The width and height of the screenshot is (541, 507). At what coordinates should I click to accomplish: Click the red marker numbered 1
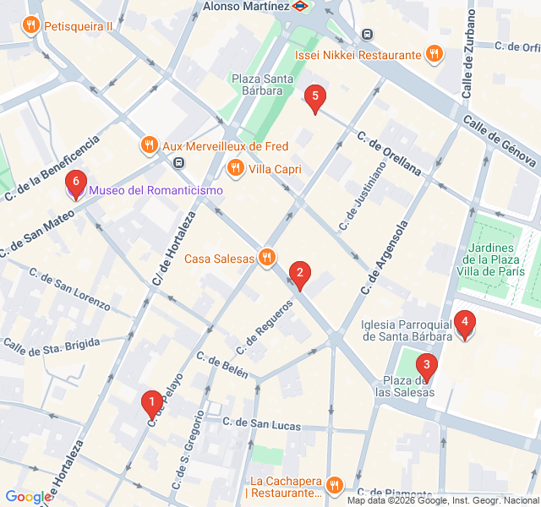pyautogui.click(x=151, y=403)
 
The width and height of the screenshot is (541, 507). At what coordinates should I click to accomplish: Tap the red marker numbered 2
pyautogui.click(x=298, y=273)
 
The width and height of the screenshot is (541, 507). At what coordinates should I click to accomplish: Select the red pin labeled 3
pyautogui.click(x=427, y=368)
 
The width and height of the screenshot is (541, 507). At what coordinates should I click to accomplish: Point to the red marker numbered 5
pyautogui.click(x=315, y=98)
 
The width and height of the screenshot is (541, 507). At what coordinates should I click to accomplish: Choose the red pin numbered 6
pyautogui.click(x=76, y=182)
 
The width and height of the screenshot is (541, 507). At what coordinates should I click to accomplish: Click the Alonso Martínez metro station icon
pyautogui.click(x=301, y=6)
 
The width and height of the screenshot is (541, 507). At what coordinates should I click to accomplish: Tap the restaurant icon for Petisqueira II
pyautogui.click(x=31, y=25)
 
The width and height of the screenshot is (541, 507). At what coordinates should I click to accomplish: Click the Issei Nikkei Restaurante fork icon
pyautogui.click(x=434, y=55)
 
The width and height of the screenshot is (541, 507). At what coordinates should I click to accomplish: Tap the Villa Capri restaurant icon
pyautogui.click(x=236, y=169)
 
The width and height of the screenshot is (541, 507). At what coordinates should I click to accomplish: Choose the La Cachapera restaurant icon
pyautogui.click(x=335, y=485)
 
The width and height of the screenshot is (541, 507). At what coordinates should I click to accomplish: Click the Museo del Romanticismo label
pyautogui.click(x=156, y=190)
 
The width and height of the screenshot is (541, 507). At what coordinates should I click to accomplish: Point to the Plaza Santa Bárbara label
pyautogui.click(x=263, y=85)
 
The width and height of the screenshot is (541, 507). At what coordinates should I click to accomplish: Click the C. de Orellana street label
pyautogui.click(x=389, y=153)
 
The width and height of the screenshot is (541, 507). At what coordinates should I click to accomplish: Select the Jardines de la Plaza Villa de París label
pyautogui.click(x=495, y=259)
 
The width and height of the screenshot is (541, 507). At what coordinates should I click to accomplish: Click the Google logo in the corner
pyautogui.click(x=28, y=498)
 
